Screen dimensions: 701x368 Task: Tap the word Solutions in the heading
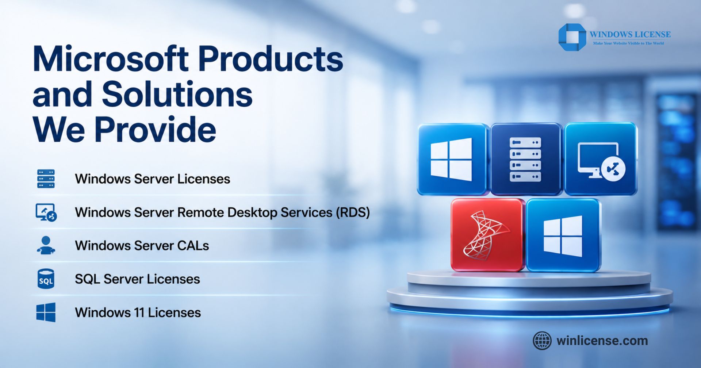point(177,94)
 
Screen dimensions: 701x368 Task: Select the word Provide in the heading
point(156,129)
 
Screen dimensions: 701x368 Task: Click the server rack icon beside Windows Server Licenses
point(46,179)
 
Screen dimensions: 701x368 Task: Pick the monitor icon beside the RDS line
point(46,212)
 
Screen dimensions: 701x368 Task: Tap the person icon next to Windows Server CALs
point(46,245)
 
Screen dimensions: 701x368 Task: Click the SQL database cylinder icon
point(46,279)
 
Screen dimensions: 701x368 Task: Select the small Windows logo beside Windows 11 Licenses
point(46,313)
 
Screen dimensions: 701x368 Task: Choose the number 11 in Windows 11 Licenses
point(139,313)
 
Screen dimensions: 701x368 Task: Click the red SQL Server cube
point(488,235)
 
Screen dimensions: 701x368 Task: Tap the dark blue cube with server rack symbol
point(526,159)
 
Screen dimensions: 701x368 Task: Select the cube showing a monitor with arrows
point(601,159)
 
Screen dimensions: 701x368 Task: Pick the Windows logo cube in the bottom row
point(563,235)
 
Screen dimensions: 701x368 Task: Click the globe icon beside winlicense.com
point(542,341)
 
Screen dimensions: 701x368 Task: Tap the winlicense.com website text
point(602,341)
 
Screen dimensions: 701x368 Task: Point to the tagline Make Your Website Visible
point(628,43)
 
